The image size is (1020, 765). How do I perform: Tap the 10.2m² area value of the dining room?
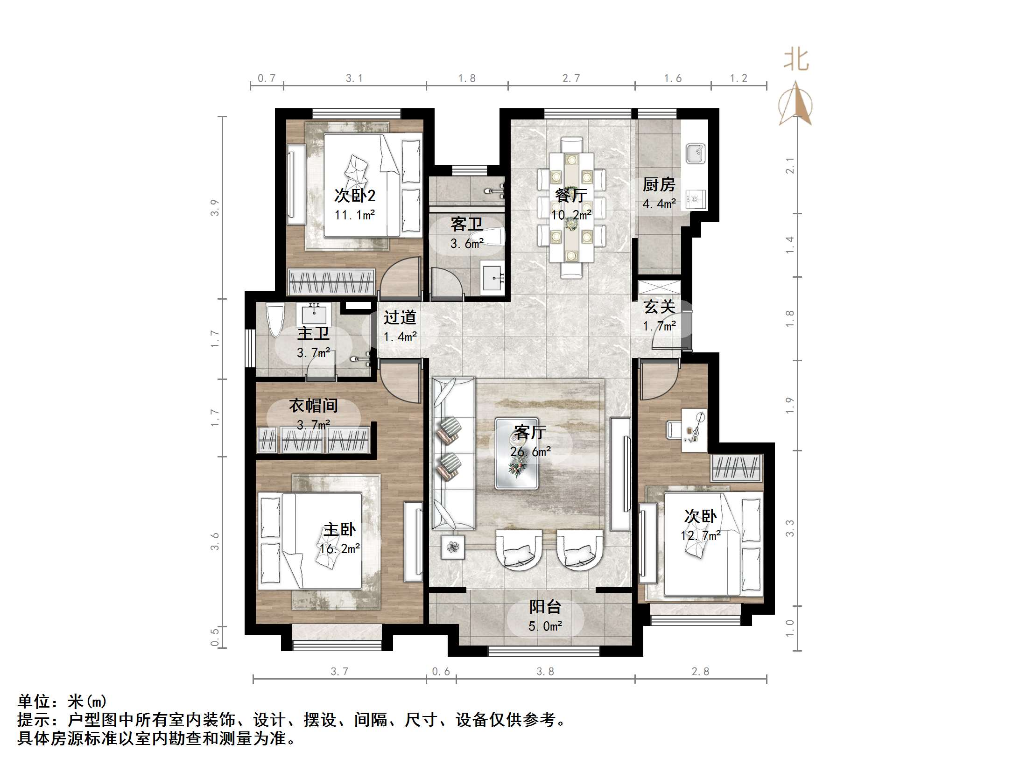point(571,215)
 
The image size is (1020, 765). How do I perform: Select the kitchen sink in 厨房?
point(696,154)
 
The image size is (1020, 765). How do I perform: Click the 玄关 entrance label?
point(659,307)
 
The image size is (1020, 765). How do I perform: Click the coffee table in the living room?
point(517,453)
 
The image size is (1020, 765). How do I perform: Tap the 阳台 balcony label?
point(545,607)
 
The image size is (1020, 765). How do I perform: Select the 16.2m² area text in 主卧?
point(340,549)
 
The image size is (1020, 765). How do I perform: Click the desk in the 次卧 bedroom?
point(694,430)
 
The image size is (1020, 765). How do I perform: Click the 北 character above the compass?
point(796,61)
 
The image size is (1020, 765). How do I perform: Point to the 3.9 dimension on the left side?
point(214,208)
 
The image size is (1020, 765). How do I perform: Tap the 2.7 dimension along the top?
point(571,78)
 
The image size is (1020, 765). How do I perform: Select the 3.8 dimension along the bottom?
point(545,671)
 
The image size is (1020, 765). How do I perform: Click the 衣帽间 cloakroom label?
point(313,405)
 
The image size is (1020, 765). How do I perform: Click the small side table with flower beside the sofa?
point(453,547)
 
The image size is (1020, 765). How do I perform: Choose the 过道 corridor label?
point(400,317)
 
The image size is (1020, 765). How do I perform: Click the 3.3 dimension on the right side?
point(789,528)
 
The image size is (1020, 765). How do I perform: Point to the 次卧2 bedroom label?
point(355,195)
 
